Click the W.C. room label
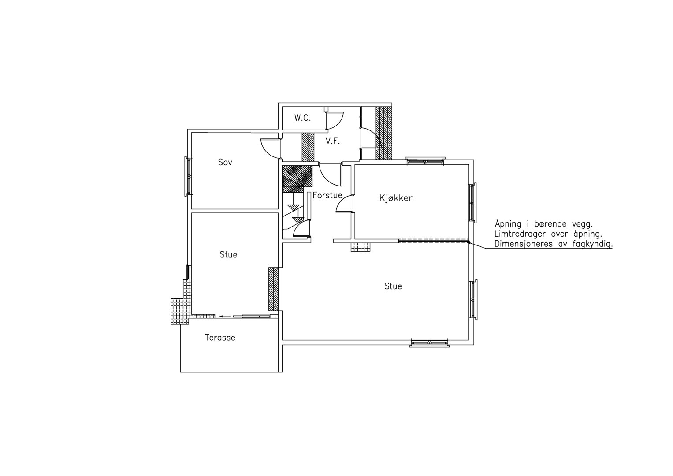point(302,118)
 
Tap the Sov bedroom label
point(225,162)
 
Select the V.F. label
point(333,141)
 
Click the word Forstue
point(327,195)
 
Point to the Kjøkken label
point(396,198)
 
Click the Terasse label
point(220,338)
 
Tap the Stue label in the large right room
point(393,286)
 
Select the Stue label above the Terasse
point(228,255)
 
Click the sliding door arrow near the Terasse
point(225,316)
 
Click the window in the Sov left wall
point(188,176)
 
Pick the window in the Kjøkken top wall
point(425,161)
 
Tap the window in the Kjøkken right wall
point(472,203)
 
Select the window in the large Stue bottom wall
point(429,343)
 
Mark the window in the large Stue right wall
point(473,300)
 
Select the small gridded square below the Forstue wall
point(361,247)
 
